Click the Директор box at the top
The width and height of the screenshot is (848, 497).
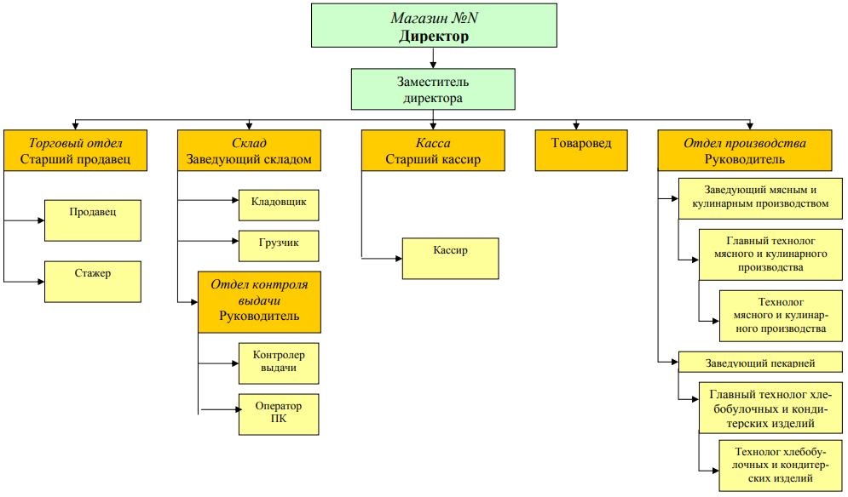[x=433, y=26]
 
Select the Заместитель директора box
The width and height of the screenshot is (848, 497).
[x=433, y=89]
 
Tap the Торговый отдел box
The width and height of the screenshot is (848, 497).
[x=76, y=151]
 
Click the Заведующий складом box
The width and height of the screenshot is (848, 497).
[x=249, y=151]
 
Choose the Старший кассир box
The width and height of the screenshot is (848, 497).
[x=433, y=151]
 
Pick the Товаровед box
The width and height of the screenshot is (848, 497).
[x=581, y=151]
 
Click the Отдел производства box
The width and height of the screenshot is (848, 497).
[x=745, y=151]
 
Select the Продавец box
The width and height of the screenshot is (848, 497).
[x=93, y=220]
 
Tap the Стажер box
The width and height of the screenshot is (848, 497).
[x=93, y=282]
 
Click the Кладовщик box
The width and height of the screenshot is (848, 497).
[x=279, y=205]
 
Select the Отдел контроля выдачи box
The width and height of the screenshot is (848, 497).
[x=260, y=302]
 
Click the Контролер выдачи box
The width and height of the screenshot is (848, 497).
[x=279, y=363]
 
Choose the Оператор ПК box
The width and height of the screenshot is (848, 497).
[x=279, y=414]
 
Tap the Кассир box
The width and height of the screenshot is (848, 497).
[x=450, y=258]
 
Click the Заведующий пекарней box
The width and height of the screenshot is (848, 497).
[x=760, y=363]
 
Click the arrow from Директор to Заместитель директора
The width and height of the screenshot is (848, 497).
[x=434, y=58]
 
